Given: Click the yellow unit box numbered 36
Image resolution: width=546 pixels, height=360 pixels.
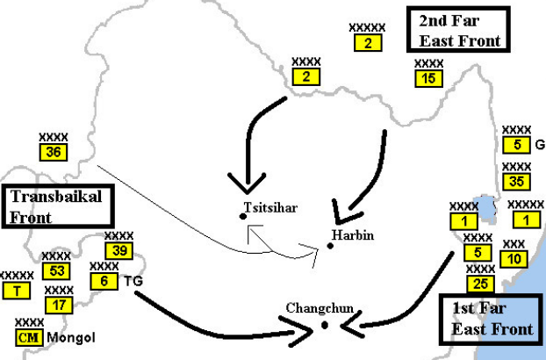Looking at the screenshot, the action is coord(54,153).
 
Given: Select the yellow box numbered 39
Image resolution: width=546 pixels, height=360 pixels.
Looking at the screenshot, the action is coord(119,251).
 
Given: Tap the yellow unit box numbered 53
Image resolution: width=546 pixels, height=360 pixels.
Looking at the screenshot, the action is coord(56,271).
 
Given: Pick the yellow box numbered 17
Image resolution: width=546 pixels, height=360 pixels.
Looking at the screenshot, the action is coord(59,306).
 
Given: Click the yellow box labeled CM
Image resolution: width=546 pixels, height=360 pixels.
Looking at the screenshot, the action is coord(29,337).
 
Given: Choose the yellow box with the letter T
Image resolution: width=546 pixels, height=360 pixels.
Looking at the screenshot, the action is coord(17,291).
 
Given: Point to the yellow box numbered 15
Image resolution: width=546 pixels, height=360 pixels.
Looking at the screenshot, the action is coord(429,78).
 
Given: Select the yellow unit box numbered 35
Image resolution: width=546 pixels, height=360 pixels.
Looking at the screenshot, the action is coord(517,182).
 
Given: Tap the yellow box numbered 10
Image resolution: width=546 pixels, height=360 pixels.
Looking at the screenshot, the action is coord(514,259).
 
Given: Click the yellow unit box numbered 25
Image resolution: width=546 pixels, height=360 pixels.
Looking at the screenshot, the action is coord(480,284).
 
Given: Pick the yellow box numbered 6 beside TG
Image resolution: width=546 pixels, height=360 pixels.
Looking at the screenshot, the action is coord(104,281).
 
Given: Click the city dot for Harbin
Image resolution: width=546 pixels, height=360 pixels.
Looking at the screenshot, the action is coord(330,246).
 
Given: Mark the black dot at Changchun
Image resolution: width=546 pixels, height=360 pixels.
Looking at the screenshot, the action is coord(325,325).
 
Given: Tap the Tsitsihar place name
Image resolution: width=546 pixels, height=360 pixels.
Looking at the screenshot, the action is coord(270,207).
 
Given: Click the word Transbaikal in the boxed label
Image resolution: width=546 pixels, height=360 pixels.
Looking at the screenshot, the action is coord(56,197).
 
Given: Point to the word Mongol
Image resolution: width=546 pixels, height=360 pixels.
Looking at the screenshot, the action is coord(71,338).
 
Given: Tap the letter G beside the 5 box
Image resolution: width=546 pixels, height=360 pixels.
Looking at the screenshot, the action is coord(540,145).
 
